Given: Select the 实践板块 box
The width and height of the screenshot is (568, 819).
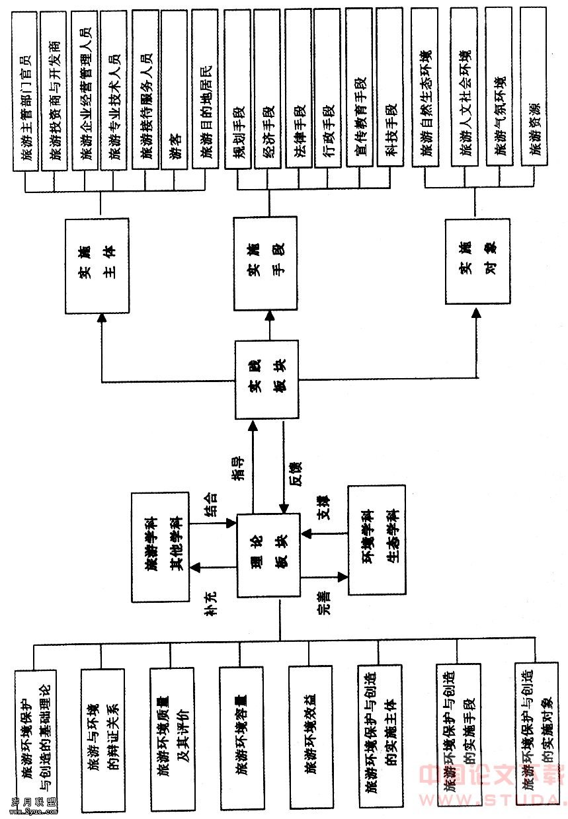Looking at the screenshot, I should pyautogui.click(x=267, y=379).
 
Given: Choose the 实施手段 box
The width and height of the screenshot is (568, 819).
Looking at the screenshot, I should pyautogui.click(x=265, y=264).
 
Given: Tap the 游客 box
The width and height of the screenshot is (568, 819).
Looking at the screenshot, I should pyautogui.click(x=175, y=89).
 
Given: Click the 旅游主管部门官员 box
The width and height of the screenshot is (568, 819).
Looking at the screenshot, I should pyautogui.click(x=26, y=89).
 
